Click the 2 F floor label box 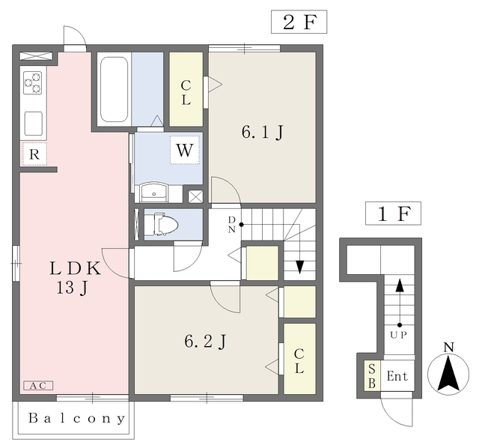point(299,22)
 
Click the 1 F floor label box point(393,214)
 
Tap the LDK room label point(75,268)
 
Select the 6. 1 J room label point(263,133)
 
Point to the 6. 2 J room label point(205,342)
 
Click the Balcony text point(76,418)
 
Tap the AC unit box point(38,386)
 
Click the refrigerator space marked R point(34,154)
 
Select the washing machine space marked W point(185,150)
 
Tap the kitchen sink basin point(33,124)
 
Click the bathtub point(114,89)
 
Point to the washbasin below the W point(153,193)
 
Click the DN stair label point(232,225)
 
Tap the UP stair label point(398,335)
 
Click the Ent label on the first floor point(397,376)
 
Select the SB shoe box point(372,376)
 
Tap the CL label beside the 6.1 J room point(186,92)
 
